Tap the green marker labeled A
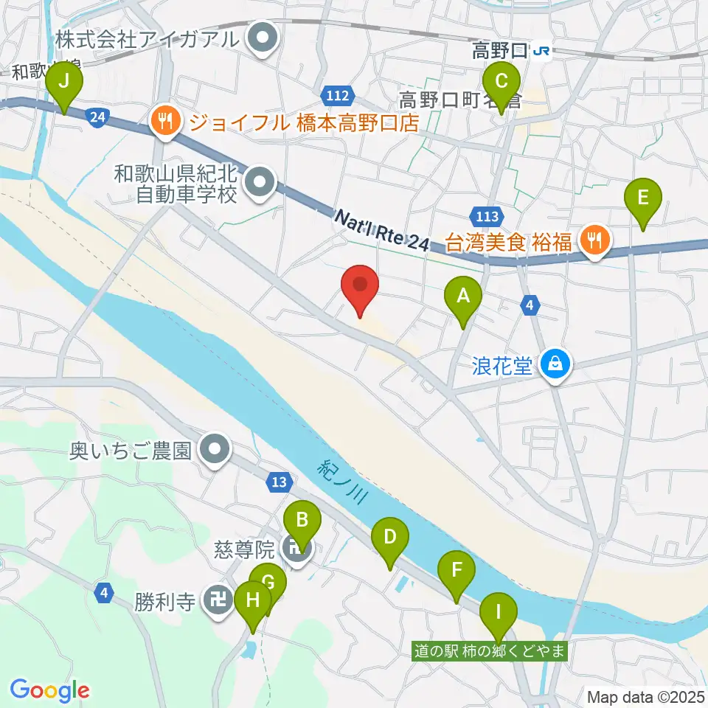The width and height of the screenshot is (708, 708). click(463, 298)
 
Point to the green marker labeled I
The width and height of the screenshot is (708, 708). click(499, 614)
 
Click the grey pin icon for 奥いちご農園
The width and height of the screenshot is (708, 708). click(215, 448)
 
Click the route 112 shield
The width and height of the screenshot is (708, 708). click(339, 95)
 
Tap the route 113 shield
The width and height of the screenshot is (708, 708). click(485, 216)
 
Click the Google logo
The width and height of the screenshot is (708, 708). click(50, 690)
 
